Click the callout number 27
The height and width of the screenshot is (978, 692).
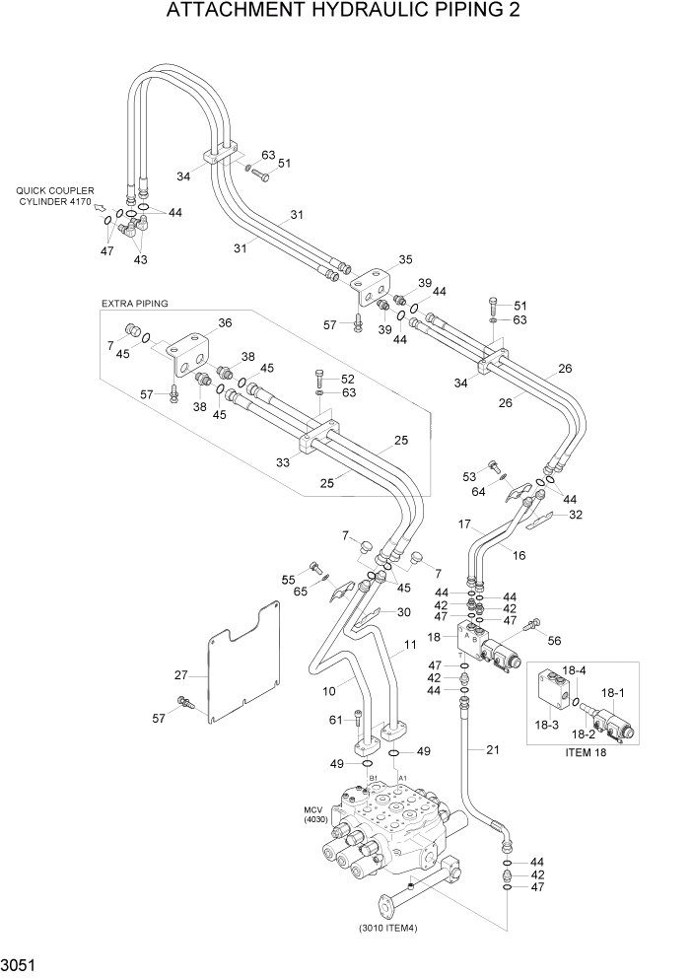[180, 675]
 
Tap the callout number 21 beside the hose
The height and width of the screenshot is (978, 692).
[493, 750]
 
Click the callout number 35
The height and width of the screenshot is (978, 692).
[405, 261]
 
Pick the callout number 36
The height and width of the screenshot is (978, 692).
[225, 322]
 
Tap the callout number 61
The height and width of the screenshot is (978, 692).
[336, 719]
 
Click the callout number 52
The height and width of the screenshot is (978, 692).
[348, 379]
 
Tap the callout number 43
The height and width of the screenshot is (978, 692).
[140, 259]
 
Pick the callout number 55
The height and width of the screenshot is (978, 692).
[289, 580]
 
